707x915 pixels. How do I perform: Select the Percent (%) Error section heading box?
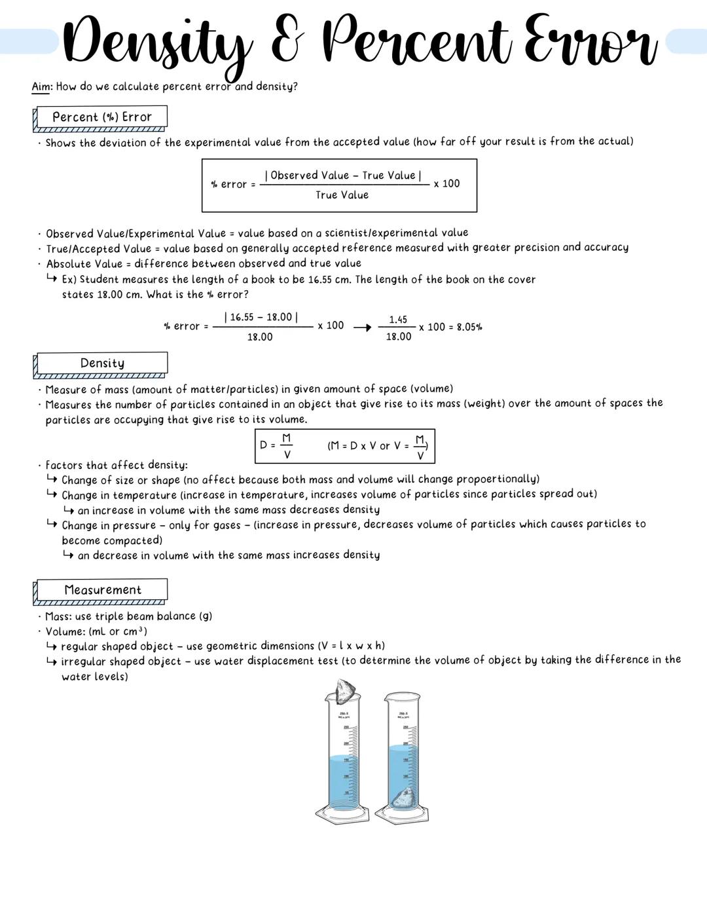tap(101, 117)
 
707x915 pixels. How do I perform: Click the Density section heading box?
tap(101, 364)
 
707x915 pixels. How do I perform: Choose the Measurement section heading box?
tap(101, 590)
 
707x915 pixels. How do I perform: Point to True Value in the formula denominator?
tap(342, 195)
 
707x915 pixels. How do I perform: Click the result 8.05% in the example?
tap(469, 327)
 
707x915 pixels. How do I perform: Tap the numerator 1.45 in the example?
tap(398, 320)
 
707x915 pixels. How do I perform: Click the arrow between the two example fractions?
tap(362, 327)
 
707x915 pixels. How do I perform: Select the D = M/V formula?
tap(276, 445)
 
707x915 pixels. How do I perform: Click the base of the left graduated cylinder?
tap(342, 814)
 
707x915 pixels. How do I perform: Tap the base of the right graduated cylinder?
tap(402, 815)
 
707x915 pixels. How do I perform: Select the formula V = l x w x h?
tap(351, 646)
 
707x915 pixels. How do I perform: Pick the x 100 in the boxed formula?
tap(446, 184)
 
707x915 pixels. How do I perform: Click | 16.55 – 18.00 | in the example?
tap(261, 318)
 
